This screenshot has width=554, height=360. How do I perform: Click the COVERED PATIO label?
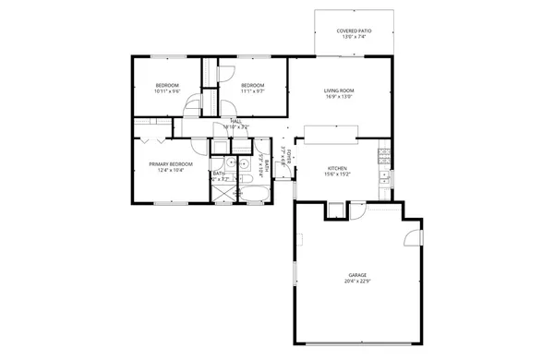point(354,30)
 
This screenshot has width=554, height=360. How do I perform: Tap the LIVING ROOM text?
point(339,90)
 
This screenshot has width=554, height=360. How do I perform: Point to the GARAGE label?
point(356,275)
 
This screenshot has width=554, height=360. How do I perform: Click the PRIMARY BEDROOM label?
point(168,163)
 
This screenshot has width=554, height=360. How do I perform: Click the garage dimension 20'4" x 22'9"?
point(356,282)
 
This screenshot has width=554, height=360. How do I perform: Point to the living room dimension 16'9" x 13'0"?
point(339,97)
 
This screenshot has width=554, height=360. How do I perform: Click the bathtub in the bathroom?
point(253,193)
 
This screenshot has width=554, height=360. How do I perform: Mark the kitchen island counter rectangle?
point(328,136)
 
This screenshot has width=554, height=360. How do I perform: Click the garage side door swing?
point(407,241)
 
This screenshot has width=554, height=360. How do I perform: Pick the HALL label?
point(236,121)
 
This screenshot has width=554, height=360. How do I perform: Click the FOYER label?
point(290,157)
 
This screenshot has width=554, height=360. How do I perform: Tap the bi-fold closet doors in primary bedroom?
point(152,140)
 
